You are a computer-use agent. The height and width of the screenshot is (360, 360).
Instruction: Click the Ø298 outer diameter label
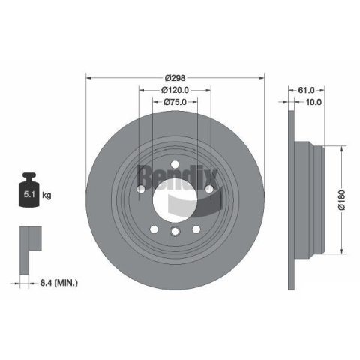(x=175, y=78)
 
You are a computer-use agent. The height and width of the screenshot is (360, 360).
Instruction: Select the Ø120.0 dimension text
(x=175, y=90)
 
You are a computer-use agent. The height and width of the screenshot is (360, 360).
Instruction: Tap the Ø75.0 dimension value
(x=175, y=102)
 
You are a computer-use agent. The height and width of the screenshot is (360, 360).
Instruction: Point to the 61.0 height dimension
(x=306, y=90)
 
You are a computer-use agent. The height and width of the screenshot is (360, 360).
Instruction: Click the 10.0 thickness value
(x=313, y=102)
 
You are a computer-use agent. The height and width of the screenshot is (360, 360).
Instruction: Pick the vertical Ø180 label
(x=342, y=200)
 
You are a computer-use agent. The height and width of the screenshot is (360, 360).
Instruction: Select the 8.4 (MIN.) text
(x=59, y=283)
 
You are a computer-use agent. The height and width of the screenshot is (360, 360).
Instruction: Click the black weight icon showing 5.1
(x=29, y=190)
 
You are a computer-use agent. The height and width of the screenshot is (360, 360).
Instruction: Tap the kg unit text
(x=46, y=195)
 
